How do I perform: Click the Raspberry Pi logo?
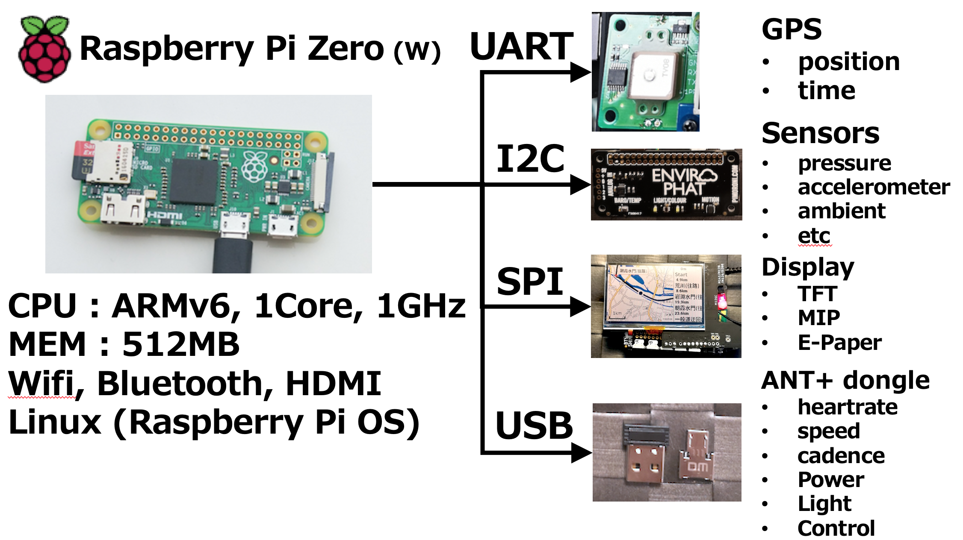point(44,49)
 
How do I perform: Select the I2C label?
point(530,158)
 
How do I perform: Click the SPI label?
point(530,282)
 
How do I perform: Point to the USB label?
point(534,426)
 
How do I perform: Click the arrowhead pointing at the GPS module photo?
point(580,72)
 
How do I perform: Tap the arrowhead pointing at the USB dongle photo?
point(581,452)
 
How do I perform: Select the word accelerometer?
point(874,187)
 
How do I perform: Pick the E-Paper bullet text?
point(839,343)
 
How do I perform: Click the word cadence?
point(841,456)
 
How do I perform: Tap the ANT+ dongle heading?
point(845,380)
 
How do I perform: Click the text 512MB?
point(181,344)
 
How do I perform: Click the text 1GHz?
point(421,306)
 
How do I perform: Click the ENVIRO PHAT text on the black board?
point(683,182)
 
